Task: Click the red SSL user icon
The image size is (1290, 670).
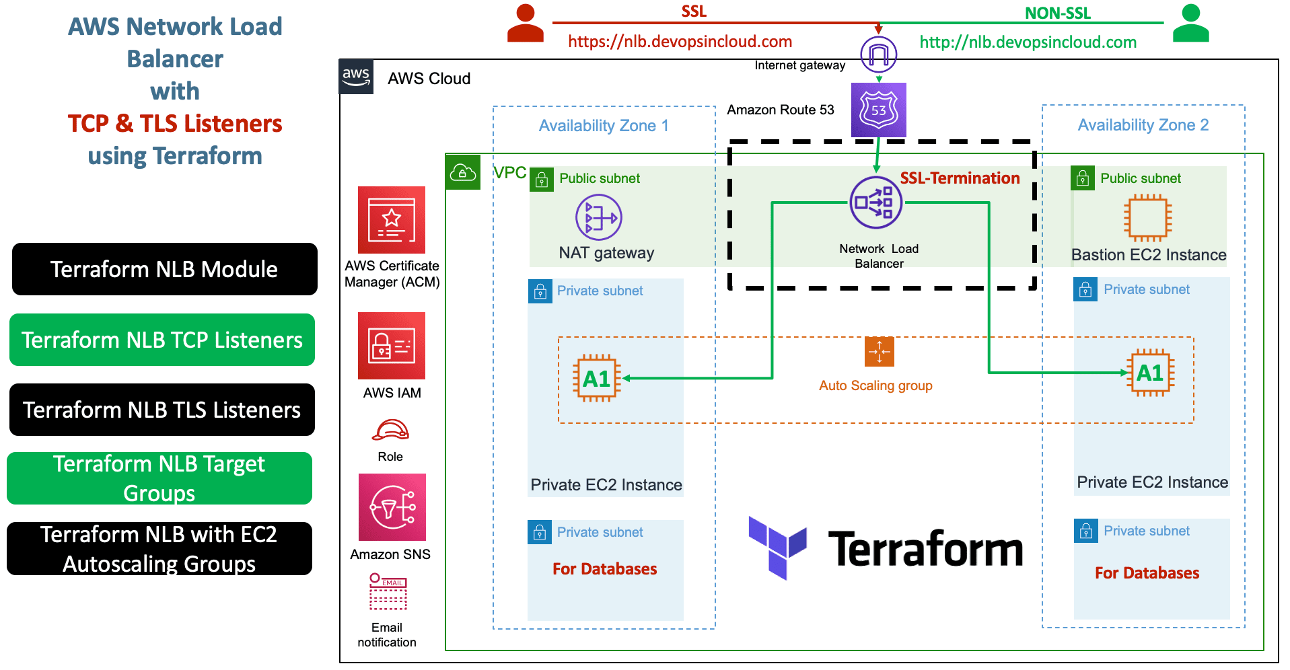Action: click(525, 24)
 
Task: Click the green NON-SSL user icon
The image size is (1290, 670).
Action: click(1190, 24)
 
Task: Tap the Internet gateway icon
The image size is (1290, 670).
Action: click(878, 54)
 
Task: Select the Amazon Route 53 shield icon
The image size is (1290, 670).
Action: click(878, 110)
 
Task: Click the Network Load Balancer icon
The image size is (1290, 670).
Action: click(875, 202)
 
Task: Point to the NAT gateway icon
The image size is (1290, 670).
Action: click(598, 217)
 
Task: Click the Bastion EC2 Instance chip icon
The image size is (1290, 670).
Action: click(1147, 218)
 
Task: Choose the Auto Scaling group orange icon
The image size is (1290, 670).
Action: click(879, 351)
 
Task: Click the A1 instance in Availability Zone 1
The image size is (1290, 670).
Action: click(596, 379)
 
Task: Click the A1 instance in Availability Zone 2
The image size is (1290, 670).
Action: click(1149, 373)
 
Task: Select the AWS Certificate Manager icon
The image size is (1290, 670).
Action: click(392, 220)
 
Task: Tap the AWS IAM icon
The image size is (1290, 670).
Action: click(392, 346)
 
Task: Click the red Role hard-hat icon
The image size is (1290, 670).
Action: click(391, 430)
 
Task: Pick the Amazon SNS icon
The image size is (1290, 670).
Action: click(392, 507)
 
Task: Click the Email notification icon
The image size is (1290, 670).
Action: click(388, 591)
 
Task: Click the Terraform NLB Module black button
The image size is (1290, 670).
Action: click(164, 269)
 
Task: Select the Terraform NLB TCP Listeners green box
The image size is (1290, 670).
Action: click(162, 340)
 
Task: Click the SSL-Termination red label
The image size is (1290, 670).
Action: click(960, 178)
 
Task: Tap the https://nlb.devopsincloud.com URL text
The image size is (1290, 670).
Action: click(680, 42)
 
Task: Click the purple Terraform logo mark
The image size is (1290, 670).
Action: click(777, 547)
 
